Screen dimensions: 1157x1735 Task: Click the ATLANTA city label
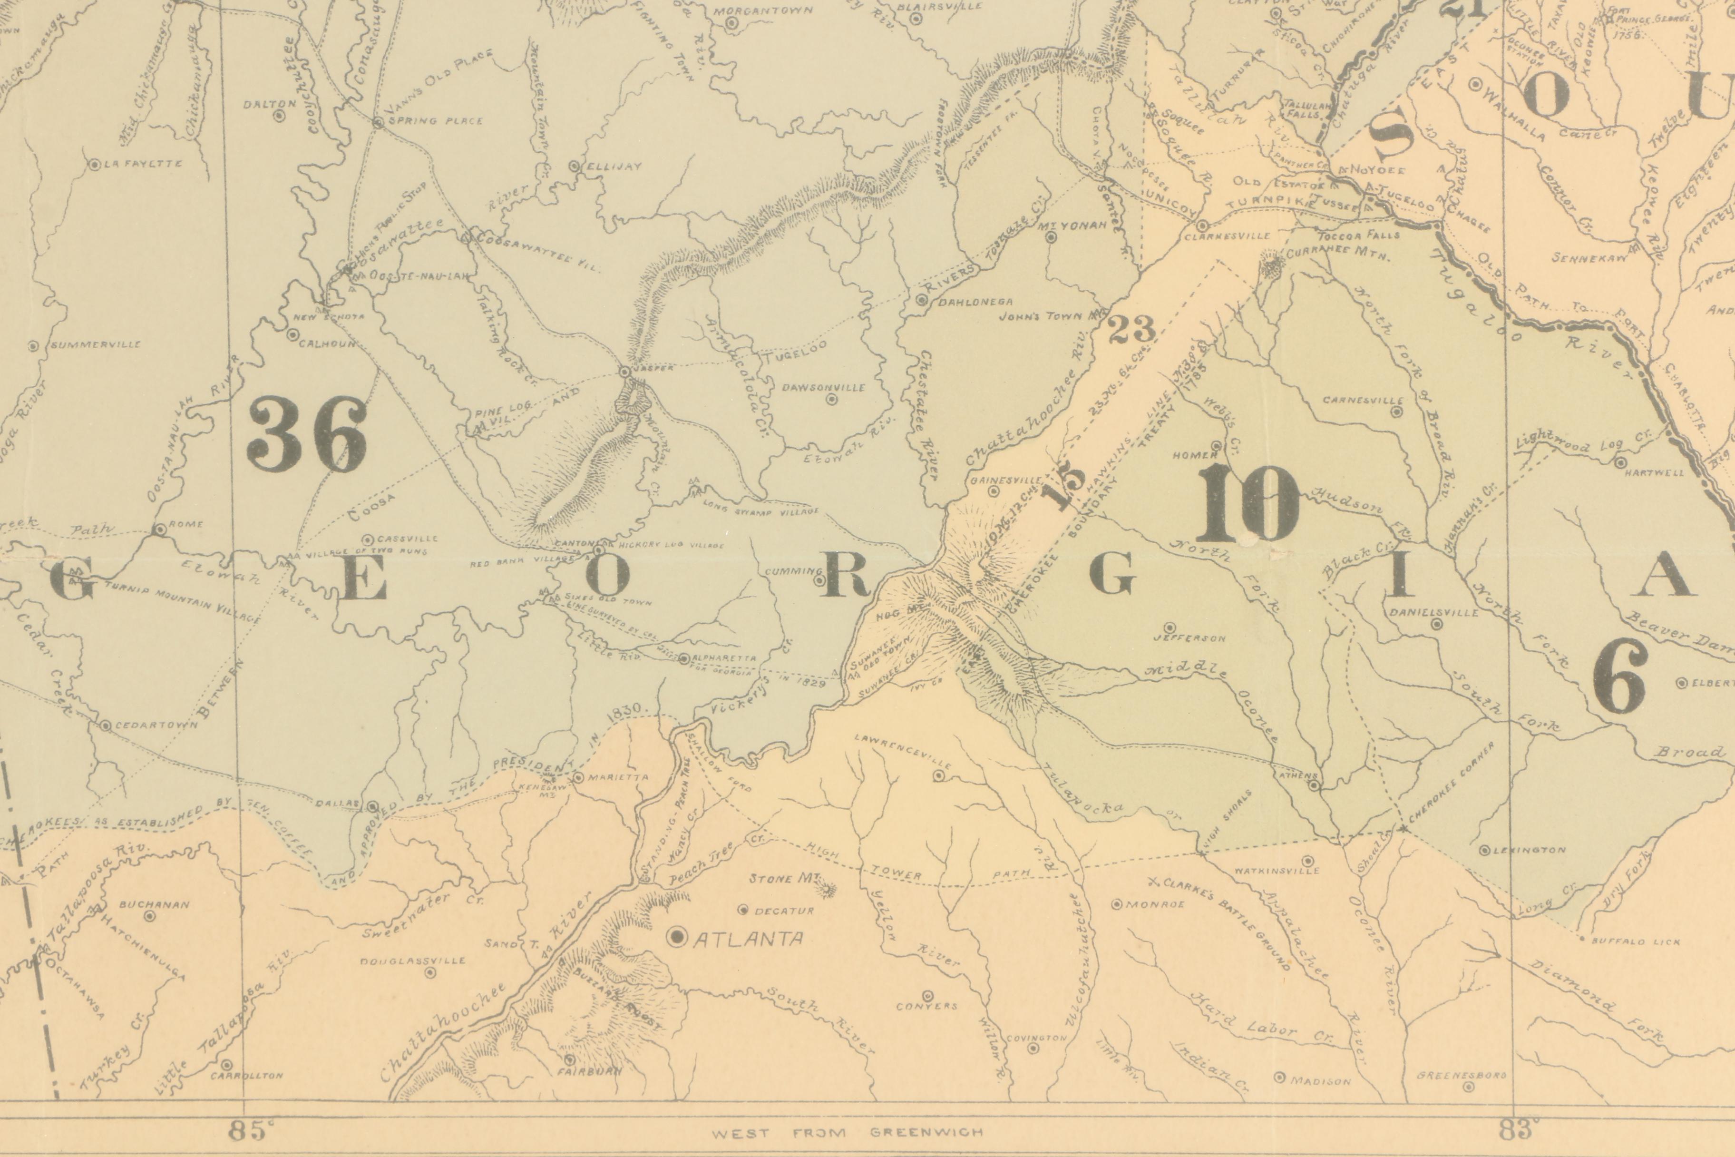[749, 939]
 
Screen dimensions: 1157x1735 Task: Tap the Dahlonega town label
[975, 302]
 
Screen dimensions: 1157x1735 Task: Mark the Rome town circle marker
[159, 529]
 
